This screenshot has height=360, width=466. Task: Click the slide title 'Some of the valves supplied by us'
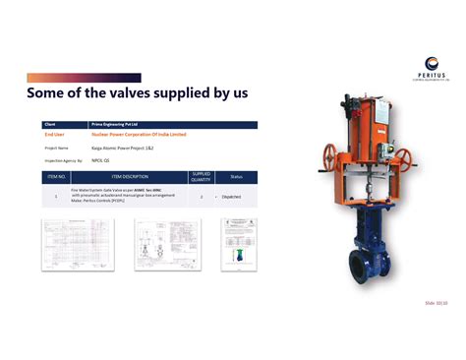pos(137,93)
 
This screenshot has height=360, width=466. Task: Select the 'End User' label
pos(55,134)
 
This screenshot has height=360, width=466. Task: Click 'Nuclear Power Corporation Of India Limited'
pos(138,134)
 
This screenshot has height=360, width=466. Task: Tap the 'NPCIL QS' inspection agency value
pos(100,158)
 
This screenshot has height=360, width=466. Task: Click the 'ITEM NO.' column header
pos(56,177)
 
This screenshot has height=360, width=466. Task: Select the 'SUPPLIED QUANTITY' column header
pos(201,177)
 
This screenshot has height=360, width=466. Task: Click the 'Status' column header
pos(236,177)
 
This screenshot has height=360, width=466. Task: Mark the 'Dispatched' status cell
pos(233,196)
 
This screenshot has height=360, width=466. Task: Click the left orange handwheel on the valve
pos(330,152)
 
